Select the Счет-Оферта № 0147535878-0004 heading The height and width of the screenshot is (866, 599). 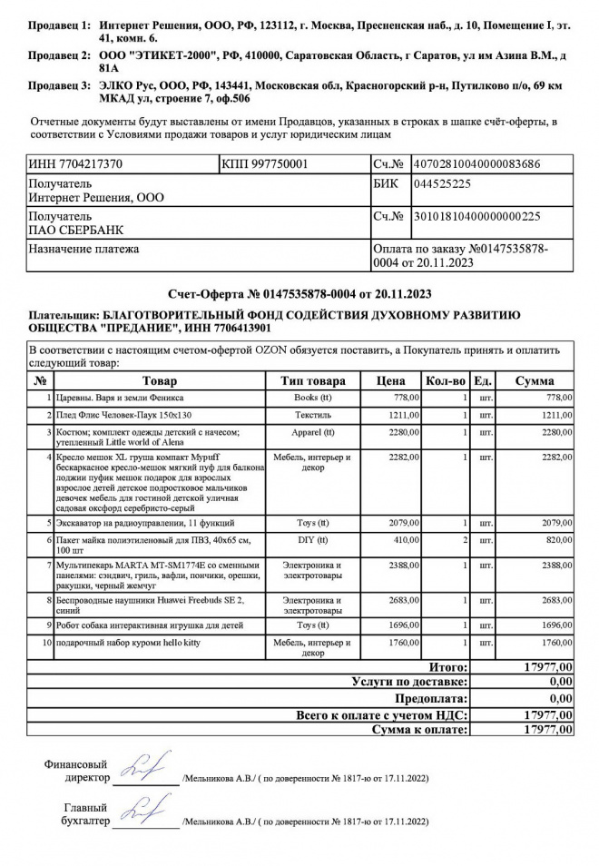click(299, 293)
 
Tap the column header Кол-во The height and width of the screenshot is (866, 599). click(446, 381)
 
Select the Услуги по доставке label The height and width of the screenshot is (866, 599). click(409, 681)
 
